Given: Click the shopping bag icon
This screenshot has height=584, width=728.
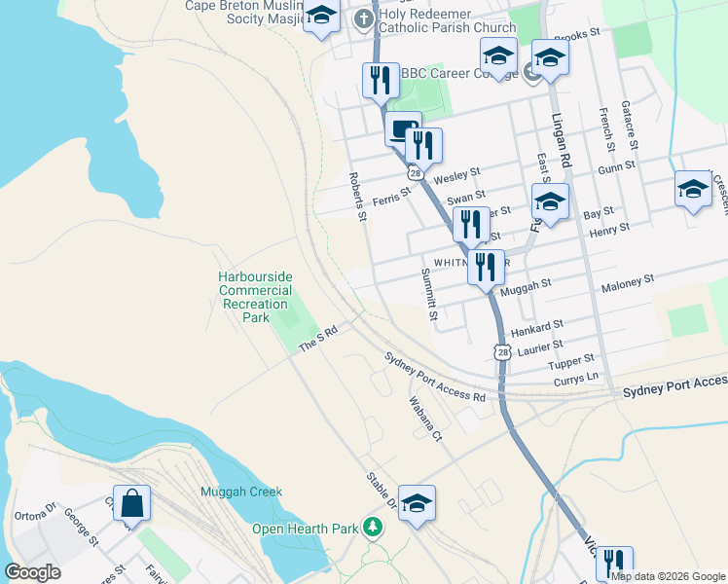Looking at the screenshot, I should pyautogui.click(x=131, y=503).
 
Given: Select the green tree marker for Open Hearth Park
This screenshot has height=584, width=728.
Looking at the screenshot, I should pyautogui.click(x=372, y=528).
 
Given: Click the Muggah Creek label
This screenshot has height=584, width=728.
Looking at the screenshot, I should pyautogui.click(x=240, y=493).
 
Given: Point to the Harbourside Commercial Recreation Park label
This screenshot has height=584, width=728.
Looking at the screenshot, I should pyautogui.click(x=256, y=297).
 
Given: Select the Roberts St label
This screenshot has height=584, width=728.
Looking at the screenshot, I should pyautogui.click(x=357, y=196).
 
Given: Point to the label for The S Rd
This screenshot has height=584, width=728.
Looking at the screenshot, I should pyautogui.click(x=317, y=341).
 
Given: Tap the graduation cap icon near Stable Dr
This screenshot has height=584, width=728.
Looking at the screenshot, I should pyautogui.click(x=417, y=503).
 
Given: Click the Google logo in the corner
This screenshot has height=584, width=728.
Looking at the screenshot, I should pyautogui.click(x=32, y=572).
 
